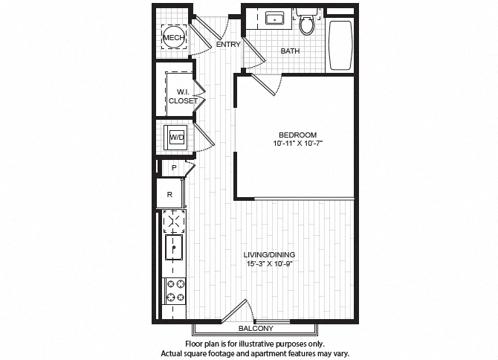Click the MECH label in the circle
pos(173,38)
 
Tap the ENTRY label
pos(228,45)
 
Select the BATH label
pos(290,51)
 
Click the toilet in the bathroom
pos(305,24)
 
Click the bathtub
pos(340,45)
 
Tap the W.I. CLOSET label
pos(182,96)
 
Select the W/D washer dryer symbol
pos(176,138)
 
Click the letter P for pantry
pos(173,168)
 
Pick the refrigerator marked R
pos(170,194)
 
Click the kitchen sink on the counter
pos(175,245)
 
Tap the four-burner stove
pos(175,291)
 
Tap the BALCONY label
pos(256,328)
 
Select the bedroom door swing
pos(266,83)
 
